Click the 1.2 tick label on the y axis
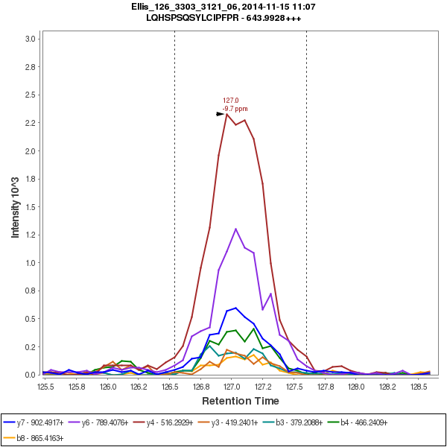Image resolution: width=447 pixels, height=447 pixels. click(31, 235)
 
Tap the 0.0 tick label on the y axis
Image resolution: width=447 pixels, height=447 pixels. click(31, 375)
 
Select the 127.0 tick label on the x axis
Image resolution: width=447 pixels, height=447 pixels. click(232, 387)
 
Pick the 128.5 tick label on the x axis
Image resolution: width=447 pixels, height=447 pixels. click(418, 387)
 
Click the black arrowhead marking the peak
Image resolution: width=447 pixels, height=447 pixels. click(221, 114)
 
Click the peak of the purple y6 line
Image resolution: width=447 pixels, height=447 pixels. click(235, 229)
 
